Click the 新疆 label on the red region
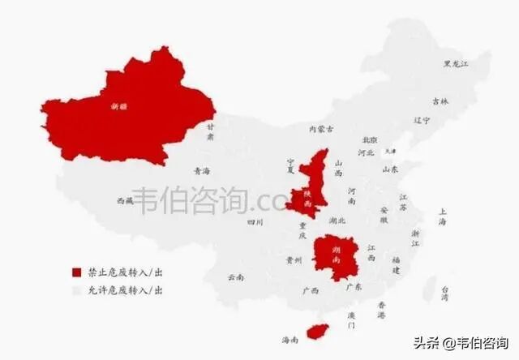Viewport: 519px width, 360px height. [x=119, y=105]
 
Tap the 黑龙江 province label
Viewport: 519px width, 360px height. [x=456, y=63]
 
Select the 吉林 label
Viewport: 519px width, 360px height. [x=440, y=101]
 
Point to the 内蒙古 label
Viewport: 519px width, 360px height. [x=320, y=129]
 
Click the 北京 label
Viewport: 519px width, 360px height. [x=370, y=139]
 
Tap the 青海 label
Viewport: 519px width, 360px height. [x=202, y=171]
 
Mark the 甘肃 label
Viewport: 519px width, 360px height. [x=210, y=132]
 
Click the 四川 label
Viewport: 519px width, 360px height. [x=255, y=221]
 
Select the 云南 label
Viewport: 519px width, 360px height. [x=235, y=276]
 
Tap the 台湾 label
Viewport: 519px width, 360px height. [x=444, y=294]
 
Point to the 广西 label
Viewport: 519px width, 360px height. [x=309, y=290]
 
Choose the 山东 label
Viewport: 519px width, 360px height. [x=389, y=170]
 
